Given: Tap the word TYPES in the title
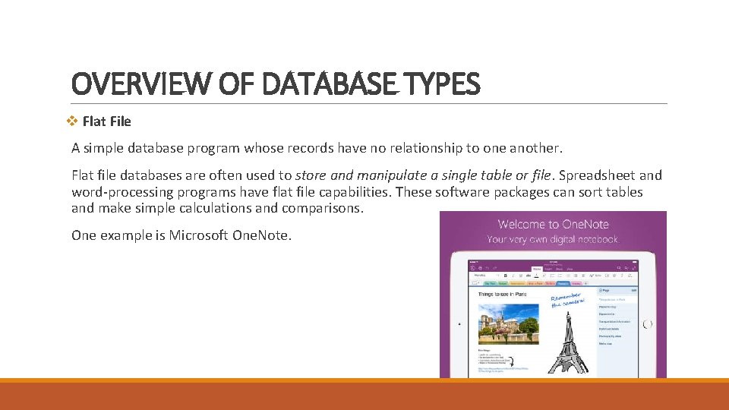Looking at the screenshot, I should [442, 84].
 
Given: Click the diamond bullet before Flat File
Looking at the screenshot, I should [73, 121].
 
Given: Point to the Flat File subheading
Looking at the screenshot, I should [106, 121].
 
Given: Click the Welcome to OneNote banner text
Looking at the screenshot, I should [554, 224].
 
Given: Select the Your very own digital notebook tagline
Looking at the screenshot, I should [554, 239].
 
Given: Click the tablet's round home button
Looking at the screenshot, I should [647, 323].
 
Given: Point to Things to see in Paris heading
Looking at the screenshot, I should [503, 293].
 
